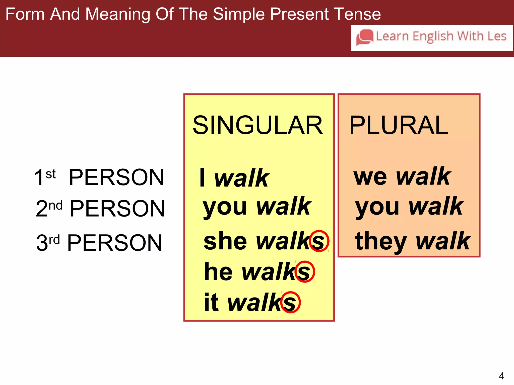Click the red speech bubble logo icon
point(365,38)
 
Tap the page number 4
point(501,376)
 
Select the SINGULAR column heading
point(258,125)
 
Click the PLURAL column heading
point(399,125)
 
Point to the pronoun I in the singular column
point(202,177)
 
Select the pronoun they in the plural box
point(381,241)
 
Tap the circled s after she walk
point(319,241)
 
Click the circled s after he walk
point(305,272)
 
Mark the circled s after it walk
point(290,302)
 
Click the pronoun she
point(225,241)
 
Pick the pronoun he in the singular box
point(218,272)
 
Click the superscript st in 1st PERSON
point(51,174)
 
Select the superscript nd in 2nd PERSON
point(55,206)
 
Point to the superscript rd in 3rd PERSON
point(54,240)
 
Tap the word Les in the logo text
point(497,36)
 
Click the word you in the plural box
point(377,208)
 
